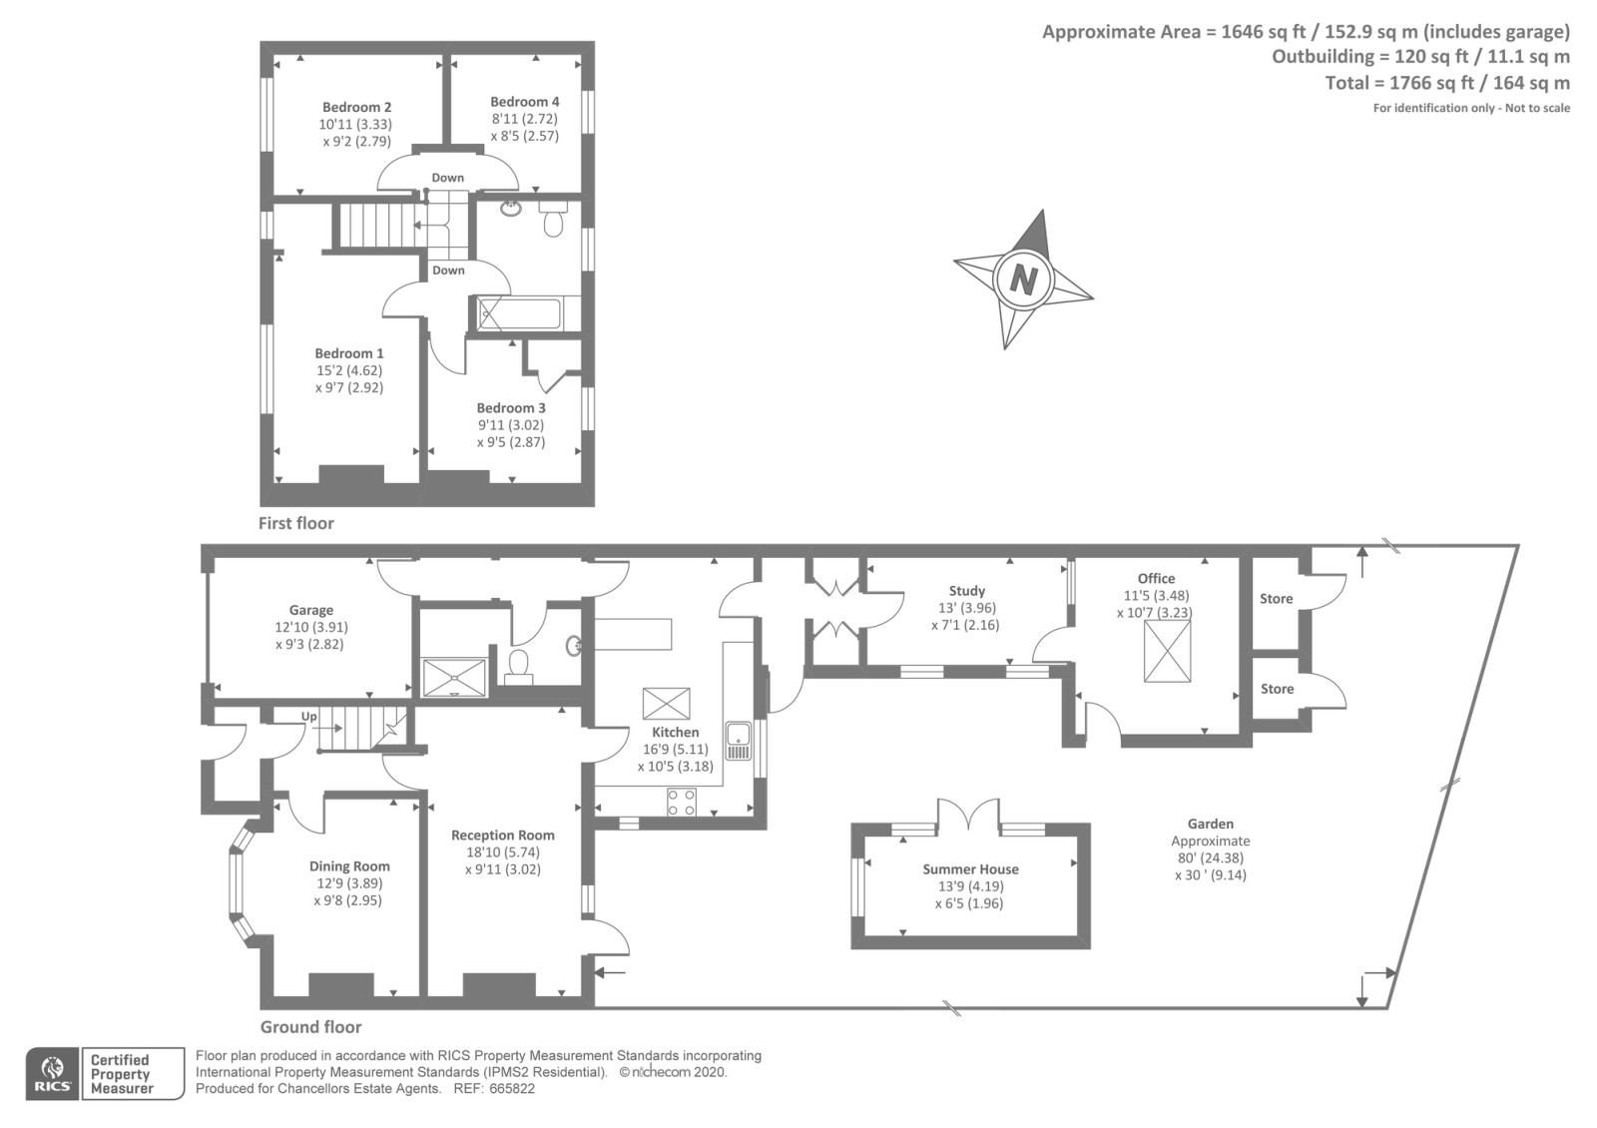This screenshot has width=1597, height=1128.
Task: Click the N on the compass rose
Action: point(1023,279)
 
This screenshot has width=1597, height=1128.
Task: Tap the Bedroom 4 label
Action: point(524,102)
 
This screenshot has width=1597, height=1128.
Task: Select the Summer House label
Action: point(970,869)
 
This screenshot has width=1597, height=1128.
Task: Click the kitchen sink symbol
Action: point(739,740)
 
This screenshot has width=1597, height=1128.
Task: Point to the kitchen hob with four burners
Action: point(682,802)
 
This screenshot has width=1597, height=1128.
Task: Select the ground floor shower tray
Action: point(454,677)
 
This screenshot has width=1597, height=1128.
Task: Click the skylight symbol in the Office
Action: point(1167,651)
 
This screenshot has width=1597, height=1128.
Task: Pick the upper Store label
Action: point(1276,599)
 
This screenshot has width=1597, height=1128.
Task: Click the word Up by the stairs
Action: point(309,717)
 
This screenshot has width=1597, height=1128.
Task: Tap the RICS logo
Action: point(52,1074)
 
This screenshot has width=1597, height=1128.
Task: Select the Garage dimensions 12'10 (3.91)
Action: point(311,628)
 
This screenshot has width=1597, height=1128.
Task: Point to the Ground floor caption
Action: point(310,1027)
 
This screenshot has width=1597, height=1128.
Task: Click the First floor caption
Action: point(295,523)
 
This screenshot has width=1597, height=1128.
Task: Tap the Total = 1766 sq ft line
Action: point(1446,83)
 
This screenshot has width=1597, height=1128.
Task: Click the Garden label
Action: point(1210,825)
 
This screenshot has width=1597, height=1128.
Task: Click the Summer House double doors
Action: point(968,814)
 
